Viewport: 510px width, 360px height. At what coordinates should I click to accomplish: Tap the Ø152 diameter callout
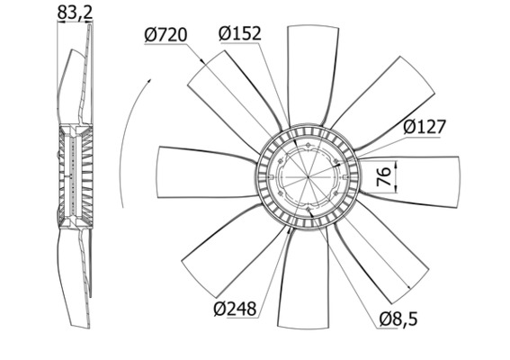click(x=239, y=33)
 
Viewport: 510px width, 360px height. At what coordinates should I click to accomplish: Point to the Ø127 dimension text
click(x=425, y=127)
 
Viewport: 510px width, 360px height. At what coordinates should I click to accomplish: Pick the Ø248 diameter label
click(x=236, y=309)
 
